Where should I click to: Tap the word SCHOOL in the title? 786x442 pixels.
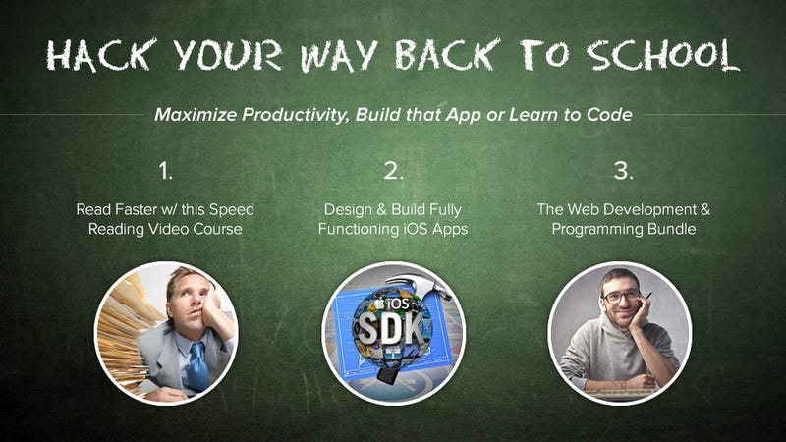[x=663, y=54]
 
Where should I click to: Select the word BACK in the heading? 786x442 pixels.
[x=448, y=54]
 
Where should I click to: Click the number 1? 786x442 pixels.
[x=165, y=171]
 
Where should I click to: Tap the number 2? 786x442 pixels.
[x=394, y=171]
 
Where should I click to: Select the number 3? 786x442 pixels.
[x=624, y=171]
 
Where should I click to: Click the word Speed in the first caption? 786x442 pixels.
[x=232, y=210]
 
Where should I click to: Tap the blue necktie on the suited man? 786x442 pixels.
[x=198, y=365]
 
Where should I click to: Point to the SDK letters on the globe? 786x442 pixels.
[x=391, y=329]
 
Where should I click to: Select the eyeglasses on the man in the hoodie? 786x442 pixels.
[x=622, y=297]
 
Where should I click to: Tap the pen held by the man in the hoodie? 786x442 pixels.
[x=646, y=298]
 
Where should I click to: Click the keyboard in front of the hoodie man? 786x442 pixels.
[x=621, y=393]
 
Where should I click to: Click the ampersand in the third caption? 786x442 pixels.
[x=704, y=209]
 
